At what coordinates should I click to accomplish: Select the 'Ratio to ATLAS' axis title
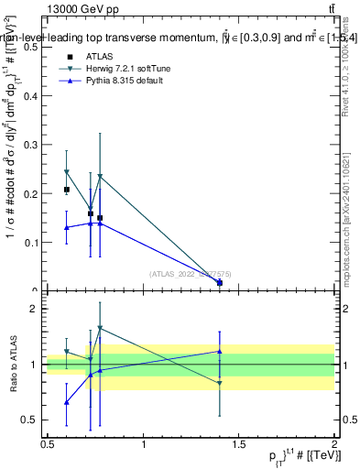click(x=13, y=365)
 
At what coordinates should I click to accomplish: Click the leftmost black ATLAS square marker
click(x=66, y=190)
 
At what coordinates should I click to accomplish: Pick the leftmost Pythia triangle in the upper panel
click(x=66, y=227)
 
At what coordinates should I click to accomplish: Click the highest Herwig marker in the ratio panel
click(x=100, y=328)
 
